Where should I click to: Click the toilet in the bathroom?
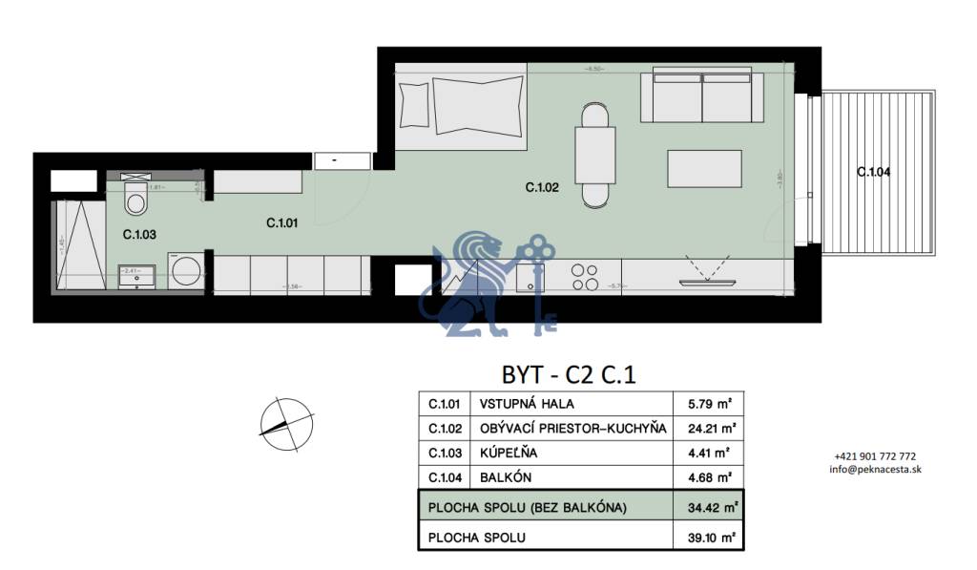(x=135, y=201)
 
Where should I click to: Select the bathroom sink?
(x=131, y=278)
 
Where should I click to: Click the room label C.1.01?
(x=284, y=223)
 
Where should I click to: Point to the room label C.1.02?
(x=542, y=188)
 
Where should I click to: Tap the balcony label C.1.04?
(x=873, y=172)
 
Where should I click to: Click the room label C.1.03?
(x=139, y=232)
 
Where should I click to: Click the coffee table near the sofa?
(x=704, y=168)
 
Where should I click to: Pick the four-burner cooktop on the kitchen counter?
(x=584, y=277)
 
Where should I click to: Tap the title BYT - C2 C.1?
(x=568, y=373)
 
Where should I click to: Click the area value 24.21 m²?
(x=709, y=427)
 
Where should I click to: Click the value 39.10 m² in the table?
(x=709, y=538)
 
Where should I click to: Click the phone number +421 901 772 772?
(x=875, y=456)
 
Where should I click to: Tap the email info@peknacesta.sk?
(x=875, y=469)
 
